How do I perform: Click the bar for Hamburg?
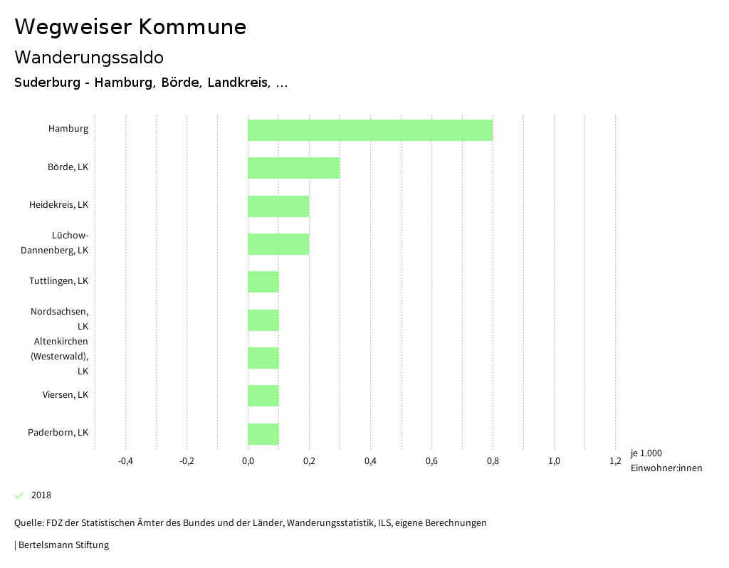370,130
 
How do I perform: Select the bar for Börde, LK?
293,168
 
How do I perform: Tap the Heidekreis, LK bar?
278,206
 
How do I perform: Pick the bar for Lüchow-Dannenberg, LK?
278,244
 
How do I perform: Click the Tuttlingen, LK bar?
263,282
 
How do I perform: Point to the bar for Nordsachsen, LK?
263,320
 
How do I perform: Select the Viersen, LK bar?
263,396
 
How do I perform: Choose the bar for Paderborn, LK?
263,434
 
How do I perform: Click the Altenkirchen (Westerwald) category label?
61,356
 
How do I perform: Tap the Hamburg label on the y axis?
68,129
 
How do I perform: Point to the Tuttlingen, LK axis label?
58,281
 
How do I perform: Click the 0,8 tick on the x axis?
493,461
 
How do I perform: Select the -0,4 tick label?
125,461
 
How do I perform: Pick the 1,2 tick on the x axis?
615,461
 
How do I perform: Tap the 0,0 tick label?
248,461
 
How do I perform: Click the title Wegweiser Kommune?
130,27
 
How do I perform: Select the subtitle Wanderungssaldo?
89,57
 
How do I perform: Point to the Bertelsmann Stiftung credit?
63,545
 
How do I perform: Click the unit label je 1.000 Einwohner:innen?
666,461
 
